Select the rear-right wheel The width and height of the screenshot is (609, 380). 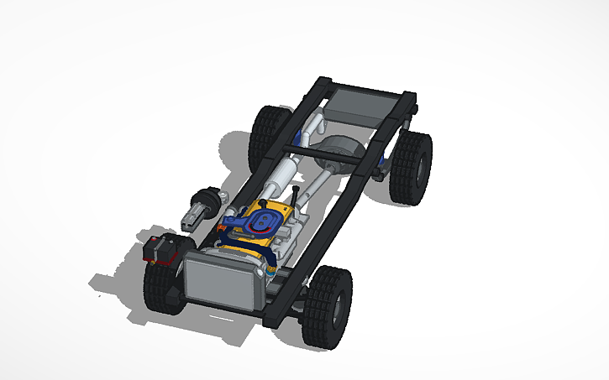412,166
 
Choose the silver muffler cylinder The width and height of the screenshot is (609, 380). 281,175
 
